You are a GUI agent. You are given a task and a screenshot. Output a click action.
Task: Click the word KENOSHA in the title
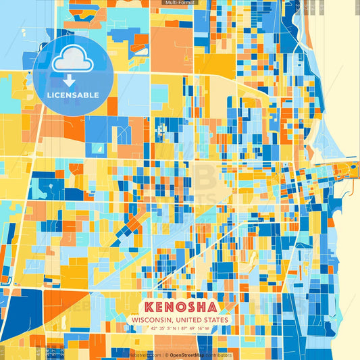(180, 305)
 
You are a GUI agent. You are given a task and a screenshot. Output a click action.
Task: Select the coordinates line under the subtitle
(180, 329)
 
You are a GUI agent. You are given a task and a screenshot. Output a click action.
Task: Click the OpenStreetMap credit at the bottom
(186, 355)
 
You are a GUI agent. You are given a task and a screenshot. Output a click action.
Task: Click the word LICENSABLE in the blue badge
(72, 95)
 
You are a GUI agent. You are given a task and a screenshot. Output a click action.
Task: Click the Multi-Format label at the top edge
(179, 3)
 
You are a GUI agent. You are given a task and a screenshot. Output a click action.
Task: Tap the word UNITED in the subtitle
(191, 319)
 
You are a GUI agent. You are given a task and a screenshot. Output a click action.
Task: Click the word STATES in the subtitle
(217, 319)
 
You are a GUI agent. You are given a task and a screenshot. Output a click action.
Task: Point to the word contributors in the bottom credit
(218, 355)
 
